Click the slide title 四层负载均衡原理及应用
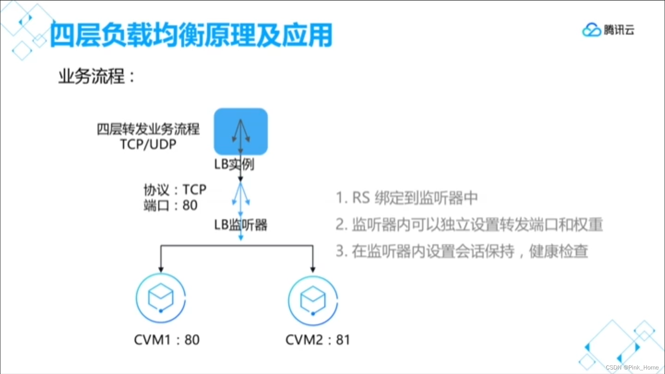click(191, 35)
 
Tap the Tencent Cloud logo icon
click(591, 30)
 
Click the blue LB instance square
click(241, 131)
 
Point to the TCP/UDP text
click(148, 144)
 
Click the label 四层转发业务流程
click(148, 129)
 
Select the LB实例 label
click(234, 164)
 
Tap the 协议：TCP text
click(175, 189)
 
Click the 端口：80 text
click(171, 205)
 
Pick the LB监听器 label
click(241, 225)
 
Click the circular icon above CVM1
click(161, 298)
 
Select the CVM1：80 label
click(166, 340)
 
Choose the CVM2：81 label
click(318, 340)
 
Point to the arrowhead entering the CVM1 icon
click(161, 269)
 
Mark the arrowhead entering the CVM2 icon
click(313, 269)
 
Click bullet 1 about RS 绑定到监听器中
click(407, 198)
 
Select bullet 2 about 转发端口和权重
click(469, 225)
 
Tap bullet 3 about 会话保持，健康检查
click(462, 251)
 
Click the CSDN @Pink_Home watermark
click(632, 367)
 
